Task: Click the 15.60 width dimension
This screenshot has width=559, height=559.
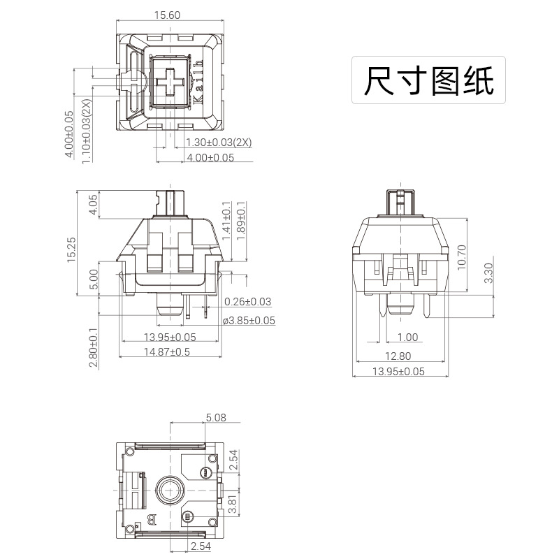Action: click(168, 15)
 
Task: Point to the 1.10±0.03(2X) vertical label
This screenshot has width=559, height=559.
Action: click(86, 132)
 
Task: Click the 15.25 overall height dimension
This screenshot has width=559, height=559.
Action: click(72, 249)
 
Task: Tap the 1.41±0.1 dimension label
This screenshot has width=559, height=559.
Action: click(226, 221)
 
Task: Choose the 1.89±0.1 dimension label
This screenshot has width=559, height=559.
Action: click(241, 221)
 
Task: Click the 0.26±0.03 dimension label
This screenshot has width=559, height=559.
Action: click(247, 302)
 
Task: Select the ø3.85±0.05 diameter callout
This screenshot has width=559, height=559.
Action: click(249, 321)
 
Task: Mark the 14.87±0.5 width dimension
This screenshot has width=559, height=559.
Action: click(167, 352)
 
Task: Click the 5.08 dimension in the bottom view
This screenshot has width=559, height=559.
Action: click(215, 418)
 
